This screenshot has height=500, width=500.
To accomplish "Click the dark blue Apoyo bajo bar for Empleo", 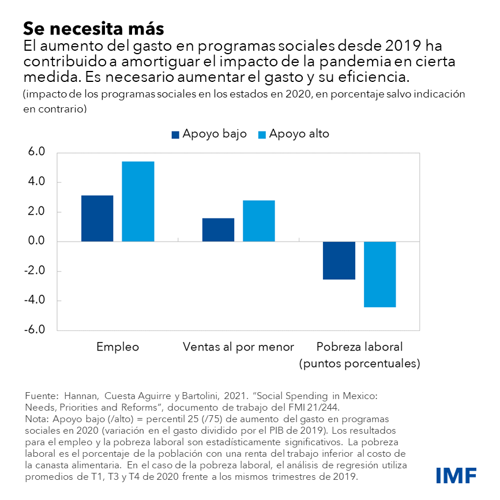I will (97, 218).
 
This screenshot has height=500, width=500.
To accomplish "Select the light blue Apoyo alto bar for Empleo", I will (138, 201).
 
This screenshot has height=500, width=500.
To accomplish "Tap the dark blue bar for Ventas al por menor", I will (218, 230).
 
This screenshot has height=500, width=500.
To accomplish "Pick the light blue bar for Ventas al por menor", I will (258, 221).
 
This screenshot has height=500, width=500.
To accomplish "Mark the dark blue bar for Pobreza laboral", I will (339, 260).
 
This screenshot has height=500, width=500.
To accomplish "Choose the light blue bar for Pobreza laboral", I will (379, 274).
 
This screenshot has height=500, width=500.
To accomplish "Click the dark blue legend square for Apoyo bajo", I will (176, 134).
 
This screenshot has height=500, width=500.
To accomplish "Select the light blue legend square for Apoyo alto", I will (261, 134).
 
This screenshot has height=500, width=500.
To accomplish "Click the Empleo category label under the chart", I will (118, 347).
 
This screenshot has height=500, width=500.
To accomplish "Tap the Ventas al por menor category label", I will (238, 347).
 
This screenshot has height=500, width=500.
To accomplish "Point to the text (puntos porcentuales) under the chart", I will (359, 364).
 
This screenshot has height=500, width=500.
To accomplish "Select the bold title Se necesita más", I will (93, 28).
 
